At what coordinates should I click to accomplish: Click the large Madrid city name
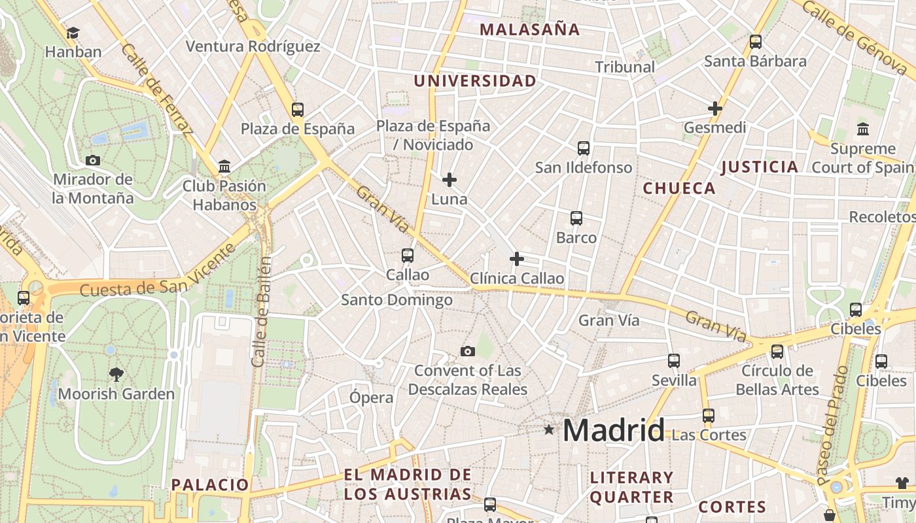(x=613, y=430)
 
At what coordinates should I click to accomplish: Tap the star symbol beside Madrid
(x=549, y=430)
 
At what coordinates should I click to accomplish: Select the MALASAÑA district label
(x=530, y=29)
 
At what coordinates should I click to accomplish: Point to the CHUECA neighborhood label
(x=679, y=188)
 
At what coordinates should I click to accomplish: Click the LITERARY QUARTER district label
(x=631, y=487)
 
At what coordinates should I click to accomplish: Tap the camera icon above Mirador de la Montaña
(x=93, y=160)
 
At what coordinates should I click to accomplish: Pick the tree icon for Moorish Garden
(x=116, y=375)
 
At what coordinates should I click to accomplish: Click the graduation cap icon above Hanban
(x=73, y=33)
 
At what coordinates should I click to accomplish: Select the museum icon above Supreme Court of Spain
(x=862, y=129)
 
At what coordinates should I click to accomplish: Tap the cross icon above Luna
(x=449, y=180)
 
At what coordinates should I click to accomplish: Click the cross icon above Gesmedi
(x=714, y=109)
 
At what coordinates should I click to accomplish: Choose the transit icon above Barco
(x=576, y=218)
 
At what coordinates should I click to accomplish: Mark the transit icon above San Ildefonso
(x=584, y=148)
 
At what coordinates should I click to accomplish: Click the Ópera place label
(x=372, y=397)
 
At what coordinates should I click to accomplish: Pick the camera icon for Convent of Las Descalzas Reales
(x=467, y=352)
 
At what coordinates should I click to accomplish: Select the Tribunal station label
(x=625, y=67)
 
